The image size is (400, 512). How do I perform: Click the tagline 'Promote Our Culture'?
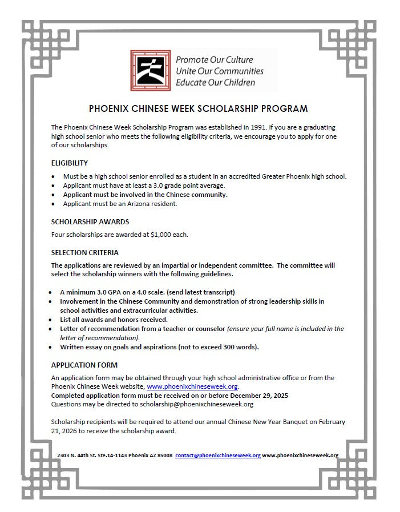click(214, 60)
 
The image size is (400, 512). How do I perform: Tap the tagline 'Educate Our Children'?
click(216, 82)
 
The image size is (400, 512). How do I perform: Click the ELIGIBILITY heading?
click(70, 163)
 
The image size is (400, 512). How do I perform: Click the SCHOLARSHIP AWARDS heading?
click(90, 221)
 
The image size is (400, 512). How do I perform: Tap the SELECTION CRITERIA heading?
click(85, 252)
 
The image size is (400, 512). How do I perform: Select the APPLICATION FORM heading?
click(84, 365)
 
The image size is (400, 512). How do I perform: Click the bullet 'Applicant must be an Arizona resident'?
click(120, 204)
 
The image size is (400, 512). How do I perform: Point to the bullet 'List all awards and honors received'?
click(114, 320)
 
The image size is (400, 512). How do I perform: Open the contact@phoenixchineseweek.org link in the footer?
click(218, 455)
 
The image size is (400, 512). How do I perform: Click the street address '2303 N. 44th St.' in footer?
click(79, 455)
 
